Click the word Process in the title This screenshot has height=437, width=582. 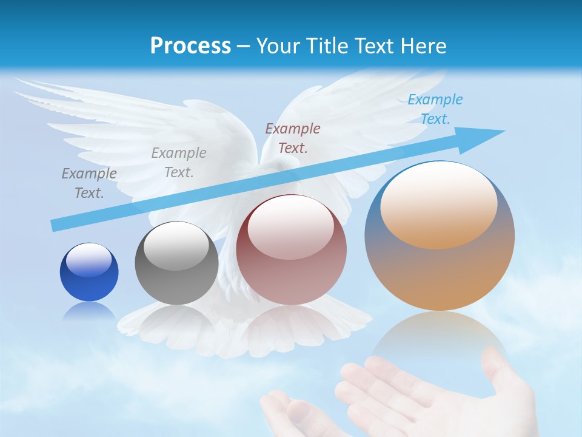click(x=190, y=46)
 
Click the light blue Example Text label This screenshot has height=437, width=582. click(x=435, y=109)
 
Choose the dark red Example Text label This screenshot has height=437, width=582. click(x=292, y=138)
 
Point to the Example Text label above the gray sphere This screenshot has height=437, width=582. click(x=178, y=162)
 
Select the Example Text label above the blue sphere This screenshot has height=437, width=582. click(x=89, y=183)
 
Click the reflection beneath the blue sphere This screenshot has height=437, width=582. click(x=89, y=311)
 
